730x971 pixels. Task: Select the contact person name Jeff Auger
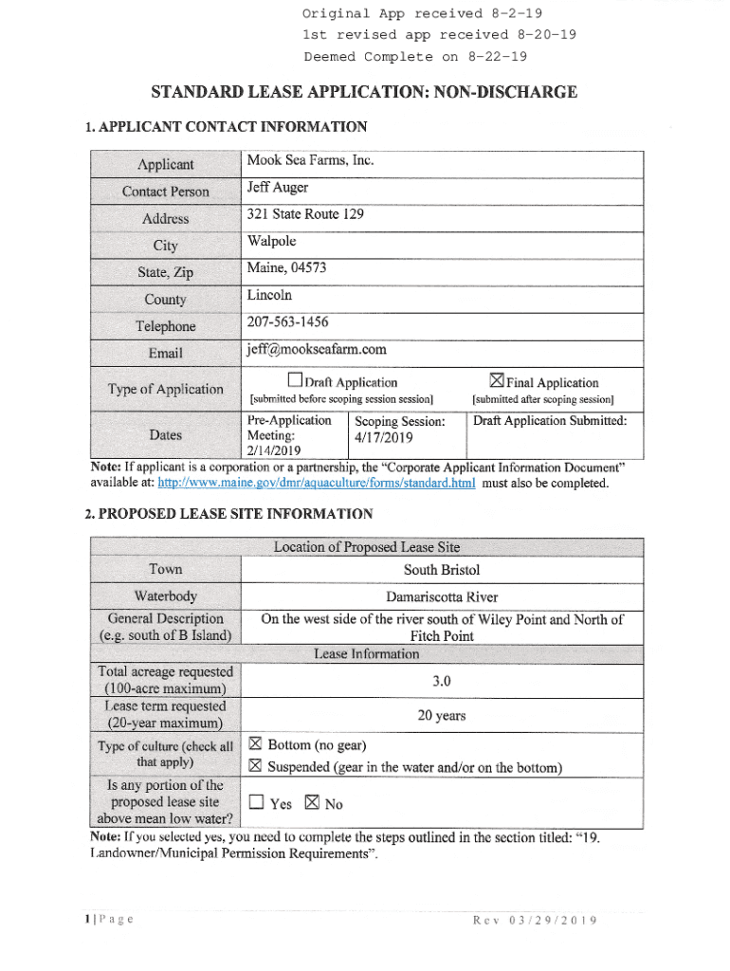click(278, 188)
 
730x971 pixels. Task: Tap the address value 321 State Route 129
click(305, 214)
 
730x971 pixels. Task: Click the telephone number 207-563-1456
click(288, 322)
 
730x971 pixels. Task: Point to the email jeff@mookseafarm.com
click(317, 349)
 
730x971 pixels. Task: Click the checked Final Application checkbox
click(496, 381)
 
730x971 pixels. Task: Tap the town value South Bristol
click(442, 569)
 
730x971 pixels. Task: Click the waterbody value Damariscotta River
click(442, 596)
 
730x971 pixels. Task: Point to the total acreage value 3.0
click(441, 681)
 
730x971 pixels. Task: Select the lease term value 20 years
click(441, 715)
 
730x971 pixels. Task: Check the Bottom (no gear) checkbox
click(254, 744)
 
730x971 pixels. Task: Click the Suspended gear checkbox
click(254, 766)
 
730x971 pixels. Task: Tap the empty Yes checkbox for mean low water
click(255, 803)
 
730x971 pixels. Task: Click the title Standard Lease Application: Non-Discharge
click(364, 92)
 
